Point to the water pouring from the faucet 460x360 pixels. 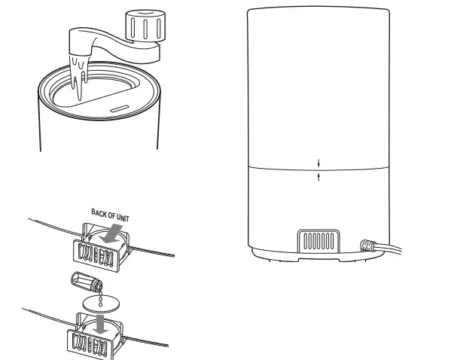(79, 75)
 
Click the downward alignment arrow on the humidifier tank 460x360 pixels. (319, 162)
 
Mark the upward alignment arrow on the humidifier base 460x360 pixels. (319, 175)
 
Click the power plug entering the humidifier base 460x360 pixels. (368, 245)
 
